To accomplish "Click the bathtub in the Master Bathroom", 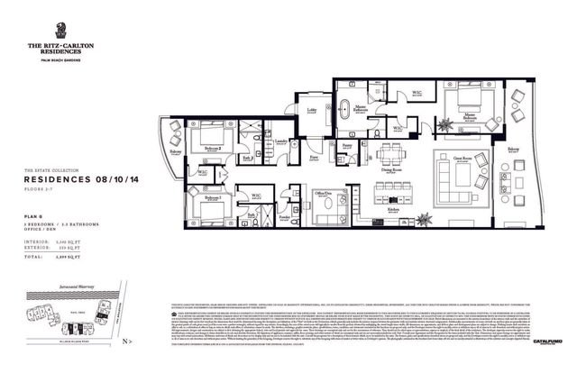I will tap(346, 114).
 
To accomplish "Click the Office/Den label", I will tap(322, 193).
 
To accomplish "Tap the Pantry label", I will tap(346, 144).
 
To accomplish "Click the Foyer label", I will tap(315, 157).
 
